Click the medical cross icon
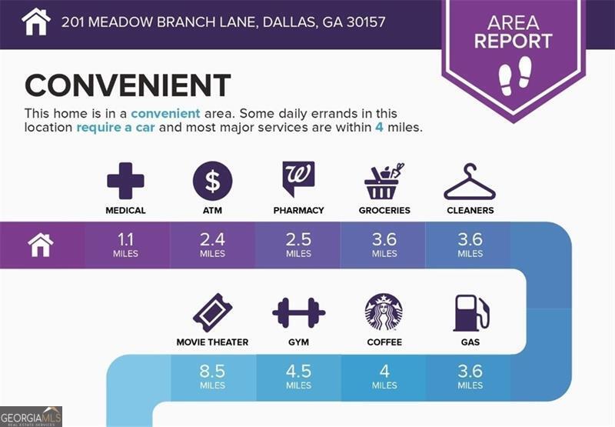125,181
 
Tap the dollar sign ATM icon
213,181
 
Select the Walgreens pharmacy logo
298,178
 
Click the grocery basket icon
384,182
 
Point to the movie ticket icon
213,313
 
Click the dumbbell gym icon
299,313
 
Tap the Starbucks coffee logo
384,312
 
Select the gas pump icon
471,313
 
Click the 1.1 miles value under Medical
125,245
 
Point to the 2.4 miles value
213,245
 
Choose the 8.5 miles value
213,377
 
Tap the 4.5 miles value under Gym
298,377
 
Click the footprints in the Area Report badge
515,76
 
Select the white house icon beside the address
36,22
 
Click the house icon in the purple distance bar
41,245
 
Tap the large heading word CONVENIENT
128,85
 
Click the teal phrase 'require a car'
116,128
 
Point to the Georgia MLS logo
31,417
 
